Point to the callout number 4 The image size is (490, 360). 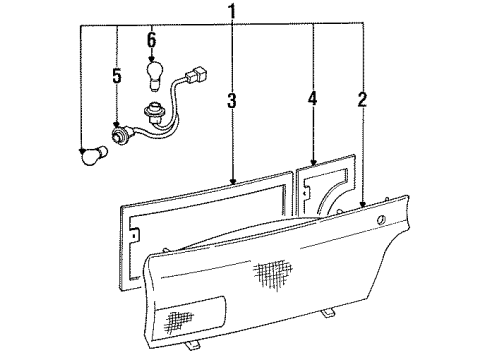(313, 99)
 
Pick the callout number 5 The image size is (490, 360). (116, 75)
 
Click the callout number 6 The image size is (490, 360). (152, 40)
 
